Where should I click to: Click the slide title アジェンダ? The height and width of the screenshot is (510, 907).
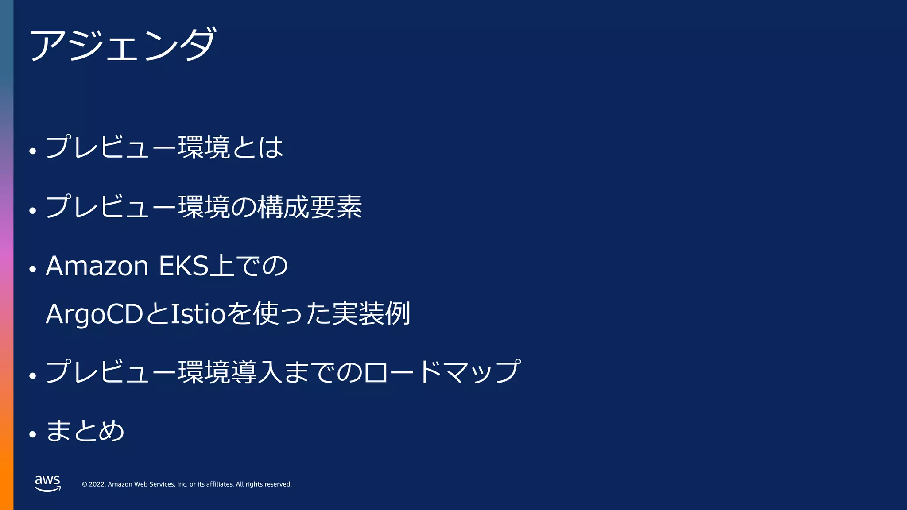point(123,44)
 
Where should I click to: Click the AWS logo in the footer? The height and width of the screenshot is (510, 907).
point(47,483)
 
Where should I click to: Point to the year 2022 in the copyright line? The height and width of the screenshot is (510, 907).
point(97,484)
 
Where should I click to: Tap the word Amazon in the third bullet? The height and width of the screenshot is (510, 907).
point(97,266)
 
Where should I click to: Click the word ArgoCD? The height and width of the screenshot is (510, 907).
point(94,314)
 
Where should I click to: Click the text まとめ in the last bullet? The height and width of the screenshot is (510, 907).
point(85,431)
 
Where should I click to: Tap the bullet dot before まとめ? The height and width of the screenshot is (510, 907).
point(32,434)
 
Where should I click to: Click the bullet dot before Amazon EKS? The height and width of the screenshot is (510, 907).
point(32,269)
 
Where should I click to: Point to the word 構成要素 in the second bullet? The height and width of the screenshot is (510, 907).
point(310,207)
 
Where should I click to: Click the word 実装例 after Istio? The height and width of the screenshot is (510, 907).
point(371,314)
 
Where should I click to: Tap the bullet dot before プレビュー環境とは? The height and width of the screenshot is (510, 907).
point(32,151)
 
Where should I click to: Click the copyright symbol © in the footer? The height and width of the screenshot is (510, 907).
point(85,484)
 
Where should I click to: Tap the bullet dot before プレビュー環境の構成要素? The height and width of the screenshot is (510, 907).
point(32,211)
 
